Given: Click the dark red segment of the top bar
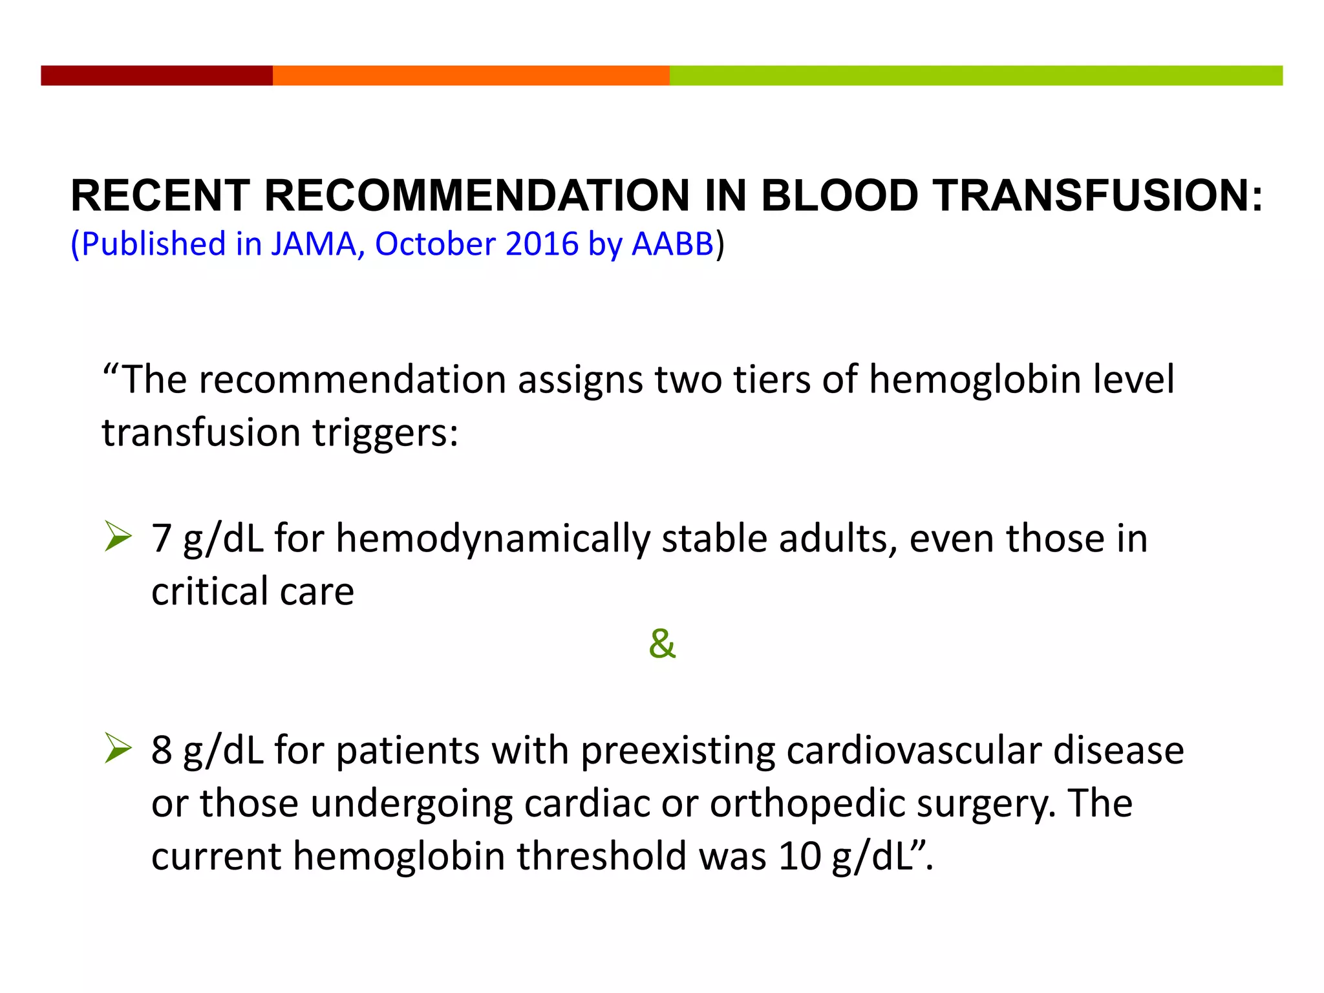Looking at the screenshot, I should [x=156, y=75].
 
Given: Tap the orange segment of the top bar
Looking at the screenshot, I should [x=471, y=75].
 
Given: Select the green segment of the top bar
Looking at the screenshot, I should [x=976, y=75].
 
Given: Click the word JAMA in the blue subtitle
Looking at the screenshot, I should [x=314, y=244].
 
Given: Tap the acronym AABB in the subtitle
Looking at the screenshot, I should [x=672, y=244].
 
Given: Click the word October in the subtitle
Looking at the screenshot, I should [x=434, y=244].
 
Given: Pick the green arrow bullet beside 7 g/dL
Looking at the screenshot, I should [x=118, y=537].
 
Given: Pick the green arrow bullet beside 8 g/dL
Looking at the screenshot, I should [x=118, y=749].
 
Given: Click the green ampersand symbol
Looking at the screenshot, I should [x=662, y=644].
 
